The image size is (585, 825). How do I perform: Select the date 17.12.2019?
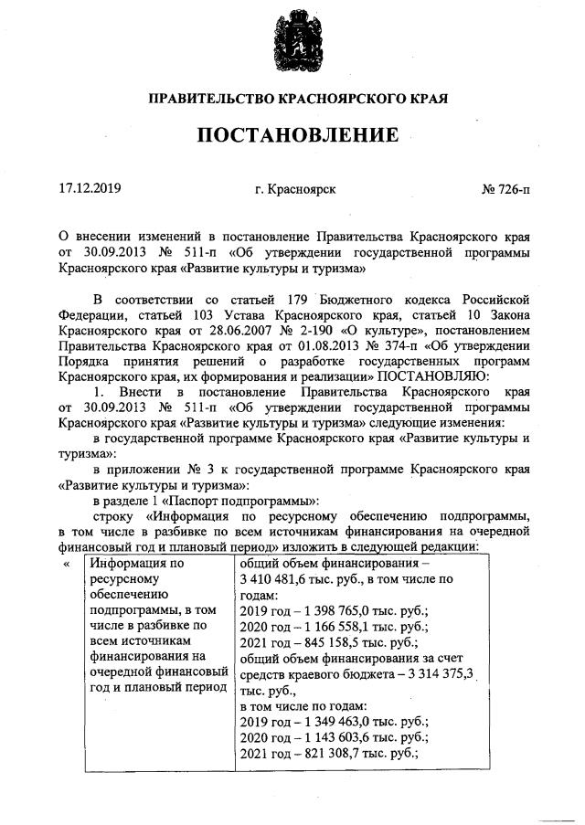[x=90, y=189]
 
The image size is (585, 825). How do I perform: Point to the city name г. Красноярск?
[x=295, y=190]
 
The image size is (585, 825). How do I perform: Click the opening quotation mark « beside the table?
[x=66, y=563]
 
